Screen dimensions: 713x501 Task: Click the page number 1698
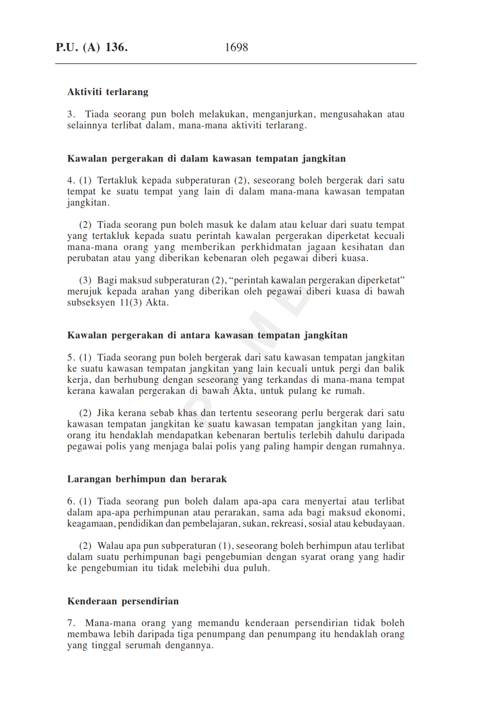coord(236,47)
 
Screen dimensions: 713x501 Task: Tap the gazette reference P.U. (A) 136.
coord(92,47)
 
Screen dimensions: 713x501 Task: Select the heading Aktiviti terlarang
coord(108,92)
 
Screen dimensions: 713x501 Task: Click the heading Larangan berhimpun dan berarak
coord(147,479)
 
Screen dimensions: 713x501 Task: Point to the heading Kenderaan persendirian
coord(123,601)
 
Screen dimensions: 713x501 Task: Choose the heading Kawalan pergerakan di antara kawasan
coord(207,336)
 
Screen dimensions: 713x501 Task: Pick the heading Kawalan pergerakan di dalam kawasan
coord(206,159)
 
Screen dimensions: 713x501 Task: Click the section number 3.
coord(71,114)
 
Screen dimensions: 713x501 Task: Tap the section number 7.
coord(71,623)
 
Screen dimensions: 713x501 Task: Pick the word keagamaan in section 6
coord(90,524)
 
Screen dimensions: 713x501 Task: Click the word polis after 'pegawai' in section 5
coord(116,447)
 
